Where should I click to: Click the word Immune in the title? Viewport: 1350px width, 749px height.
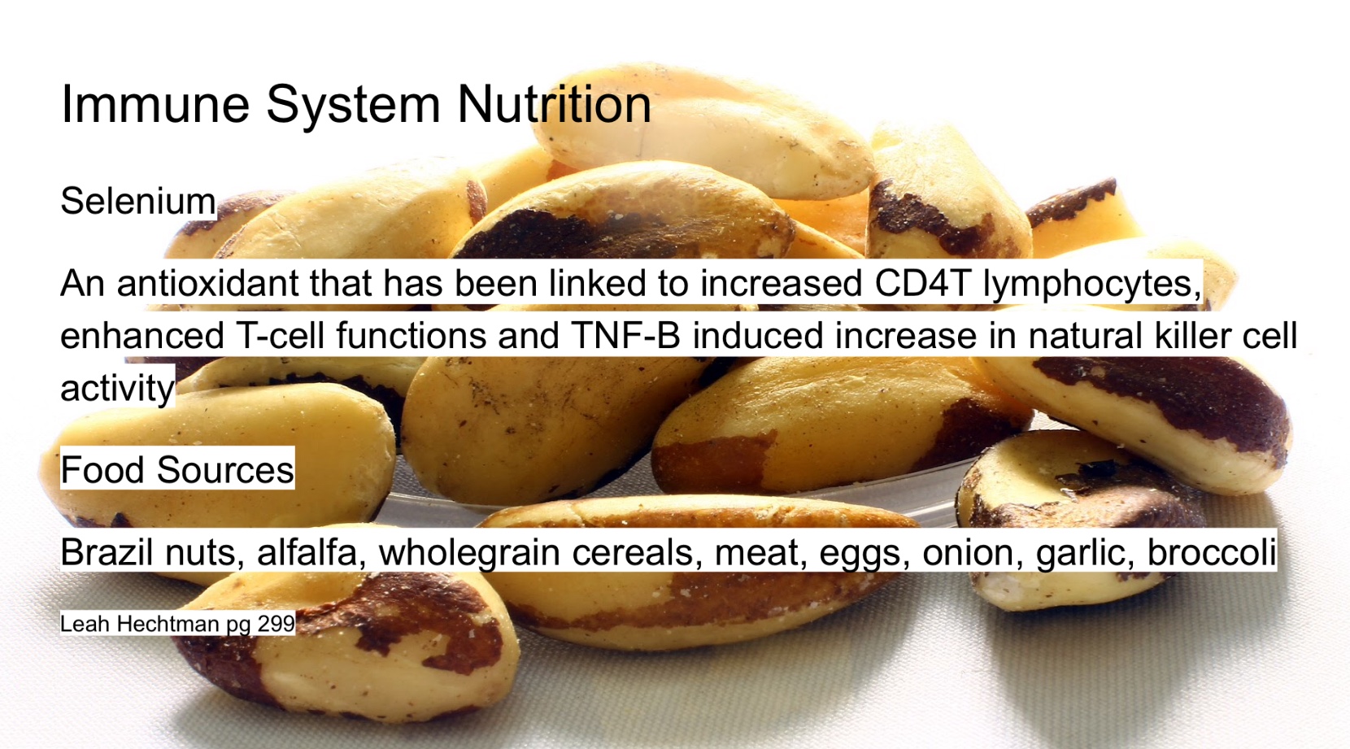pos(155,104)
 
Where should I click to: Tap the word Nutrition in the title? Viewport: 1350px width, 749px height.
pos(555,104)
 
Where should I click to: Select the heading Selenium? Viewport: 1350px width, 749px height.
pos(138,201)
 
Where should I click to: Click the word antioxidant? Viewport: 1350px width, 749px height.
pos(208,283)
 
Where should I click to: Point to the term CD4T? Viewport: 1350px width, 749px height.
pos(921,283)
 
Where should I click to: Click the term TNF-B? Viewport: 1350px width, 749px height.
pos(625,335)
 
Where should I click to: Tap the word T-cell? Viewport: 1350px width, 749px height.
pos(280,335)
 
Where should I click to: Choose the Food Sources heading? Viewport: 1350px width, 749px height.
pos(177,469)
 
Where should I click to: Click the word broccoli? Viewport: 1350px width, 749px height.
pos(1212,551)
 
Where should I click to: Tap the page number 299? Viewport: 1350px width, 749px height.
pos(276,624)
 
